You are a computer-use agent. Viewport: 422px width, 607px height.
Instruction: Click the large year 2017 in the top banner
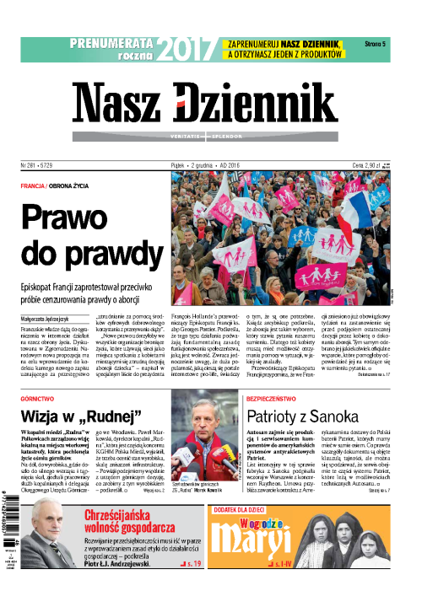[186, 51]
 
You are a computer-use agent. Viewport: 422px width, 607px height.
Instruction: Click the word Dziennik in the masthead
[251, 105]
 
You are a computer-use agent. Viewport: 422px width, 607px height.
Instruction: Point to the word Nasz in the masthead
[120, 105]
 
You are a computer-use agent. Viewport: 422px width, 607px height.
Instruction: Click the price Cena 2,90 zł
[365, 166]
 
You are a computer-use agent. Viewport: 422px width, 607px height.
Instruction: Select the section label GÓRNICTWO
[42, 395]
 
